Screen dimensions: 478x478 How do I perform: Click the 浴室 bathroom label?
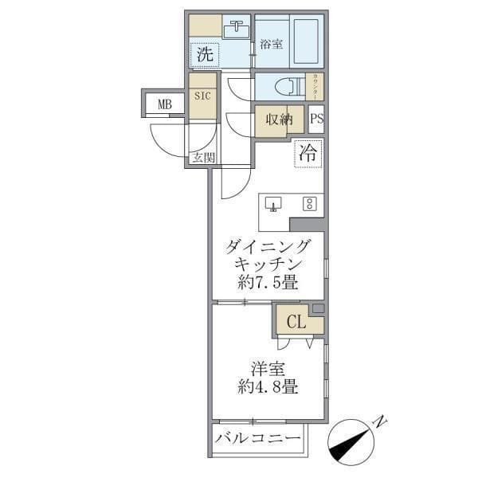272,45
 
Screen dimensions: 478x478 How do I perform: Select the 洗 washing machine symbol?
205,55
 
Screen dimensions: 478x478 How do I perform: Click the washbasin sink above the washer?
236,31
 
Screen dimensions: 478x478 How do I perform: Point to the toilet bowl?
284,85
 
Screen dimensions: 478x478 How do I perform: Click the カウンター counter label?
316,86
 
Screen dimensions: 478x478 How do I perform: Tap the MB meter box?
164,104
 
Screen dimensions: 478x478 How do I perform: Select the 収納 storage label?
279,119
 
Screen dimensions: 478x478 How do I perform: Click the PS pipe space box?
316,119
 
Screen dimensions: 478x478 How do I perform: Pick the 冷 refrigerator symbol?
310,154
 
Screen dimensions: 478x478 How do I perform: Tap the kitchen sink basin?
274,204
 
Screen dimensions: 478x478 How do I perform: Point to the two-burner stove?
309,203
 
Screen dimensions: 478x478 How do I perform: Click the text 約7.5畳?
268,282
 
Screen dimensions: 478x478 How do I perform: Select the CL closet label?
296,323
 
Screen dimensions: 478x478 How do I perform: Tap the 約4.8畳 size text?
268,389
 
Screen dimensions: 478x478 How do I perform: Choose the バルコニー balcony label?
258,439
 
